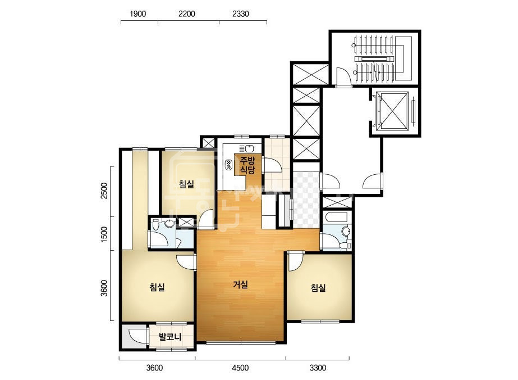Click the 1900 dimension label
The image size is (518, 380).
[137, 14]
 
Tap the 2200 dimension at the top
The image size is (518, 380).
[187, 14]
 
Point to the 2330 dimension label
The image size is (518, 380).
[241, 14]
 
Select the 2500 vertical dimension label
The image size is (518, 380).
[104, 191]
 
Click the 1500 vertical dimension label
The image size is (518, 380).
[104, 234]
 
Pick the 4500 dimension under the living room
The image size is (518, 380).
[240, 368]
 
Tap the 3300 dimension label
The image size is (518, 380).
[318, 368]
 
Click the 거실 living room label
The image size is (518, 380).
[241, 284]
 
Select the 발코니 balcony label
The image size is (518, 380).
[170, 337]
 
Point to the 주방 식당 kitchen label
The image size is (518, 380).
[247, 165]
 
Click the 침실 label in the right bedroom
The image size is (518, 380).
[318, 288]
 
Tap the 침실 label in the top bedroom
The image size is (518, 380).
[187, 184]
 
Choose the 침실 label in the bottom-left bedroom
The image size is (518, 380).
[157, 287]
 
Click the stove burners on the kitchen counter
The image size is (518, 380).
[228, 165]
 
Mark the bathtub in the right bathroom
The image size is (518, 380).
[336, 218]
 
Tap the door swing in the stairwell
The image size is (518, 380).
[343, 76]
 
